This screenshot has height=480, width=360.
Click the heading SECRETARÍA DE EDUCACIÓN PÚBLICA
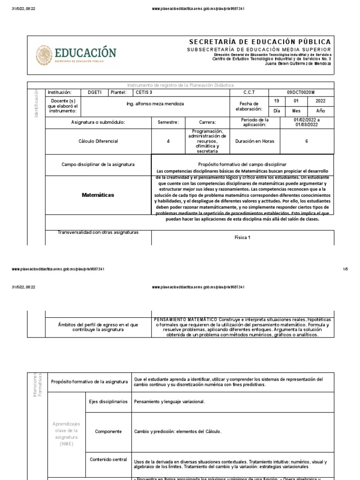pos(260,42)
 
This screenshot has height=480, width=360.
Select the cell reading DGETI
pos(95,92)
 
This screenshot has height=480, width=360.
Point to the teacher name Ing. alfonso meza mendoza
pos(156,104)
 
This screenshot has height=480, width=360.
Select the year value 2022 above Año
pos(321,100)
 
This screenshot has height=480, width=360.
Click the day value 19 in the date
pos(276,100)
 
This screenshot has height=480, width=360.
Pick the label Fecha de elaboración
pos(247,106)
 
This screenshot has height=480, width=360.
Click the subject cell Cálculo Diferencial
pos(98,141)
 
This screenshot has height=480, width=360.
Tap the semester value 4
pos(168,141)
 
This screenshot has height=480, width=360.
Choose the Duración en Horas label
pos(255,141)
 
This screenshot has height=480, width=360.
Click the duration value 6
pos(306,141)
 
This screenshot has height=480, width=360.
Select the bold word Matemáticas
pos(98,195)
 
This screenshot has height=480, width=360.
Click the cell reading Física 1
pos(242,237)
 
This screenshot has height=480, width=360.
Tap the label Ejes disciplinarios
pos(108,402)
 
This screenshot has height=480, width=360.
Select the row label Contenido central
pos(108,459)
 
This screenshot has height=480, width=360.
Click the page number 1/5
pos(345,269)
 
